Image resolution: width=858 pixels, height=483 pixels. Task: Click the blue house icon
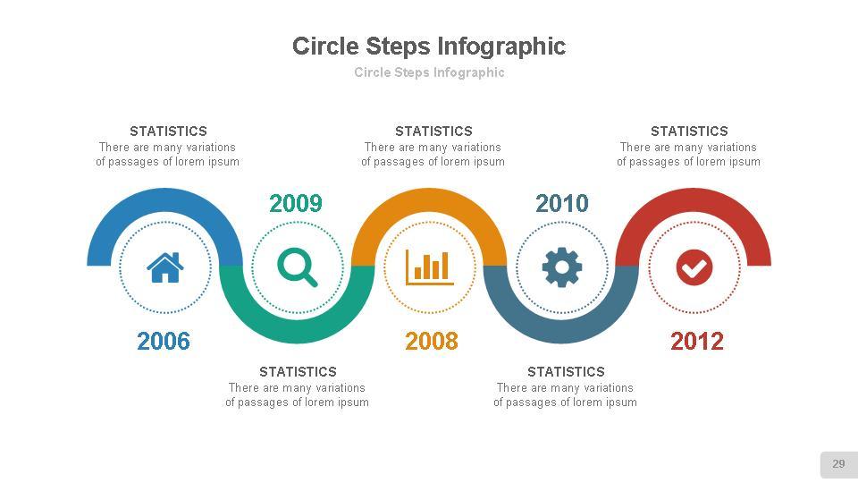[165, 267]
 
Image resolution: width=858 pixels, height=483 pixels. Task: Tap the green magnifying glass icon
[298, 267]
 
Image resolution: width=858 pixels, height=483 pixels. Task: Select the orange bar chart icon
[429, 267]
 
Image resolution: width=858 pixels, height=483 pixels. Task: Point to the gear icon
[562, 267]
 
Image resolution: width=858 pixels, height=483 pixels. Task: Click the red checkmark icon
[694, 267]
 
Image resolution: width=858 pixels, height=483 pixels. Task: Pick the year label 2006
[164, 341]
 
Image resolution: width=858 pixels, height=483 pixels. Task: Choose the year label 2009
[296, 204]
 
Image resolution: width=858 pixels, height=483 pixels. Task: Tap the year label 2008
[432, 341]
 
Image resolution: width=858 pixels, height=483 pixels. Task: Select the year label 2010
[562, 204]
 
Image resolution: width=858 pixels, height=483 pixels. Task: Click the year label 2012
[697, 341]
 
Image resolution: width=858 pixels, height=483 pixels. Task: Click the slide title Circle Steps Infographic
[429, 47]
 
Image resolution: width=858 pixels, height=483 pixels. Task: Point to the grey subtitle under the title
[429, 72]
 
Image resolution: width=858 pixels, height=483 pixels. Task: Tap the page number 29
[838, 464]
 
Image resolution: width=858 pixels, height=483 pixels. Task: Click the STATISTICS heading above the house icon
[168, 131]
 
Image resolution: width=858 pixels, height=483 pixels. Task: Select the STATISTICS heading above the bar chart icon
[433, 131]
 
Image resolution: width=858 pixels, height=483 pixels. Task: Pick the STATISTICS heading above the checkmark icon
[689, 131]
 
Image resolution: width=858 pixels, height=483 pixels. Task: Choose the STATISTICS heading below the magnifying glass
[298, 371]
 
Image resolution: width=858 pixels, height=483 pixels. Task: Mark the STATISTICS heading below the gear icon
[566, 371]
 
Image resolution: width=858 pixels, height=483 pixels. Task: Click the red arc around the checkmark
[694, 200]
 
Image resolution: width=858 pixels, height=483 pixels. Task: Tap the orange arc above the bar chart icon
[429, 200]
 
